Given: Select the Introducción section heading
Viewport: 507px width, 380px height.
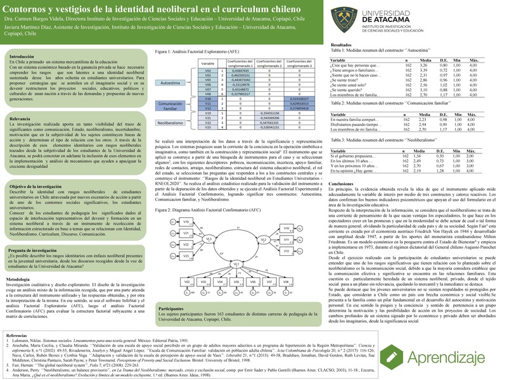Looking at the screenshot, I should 22,56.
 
